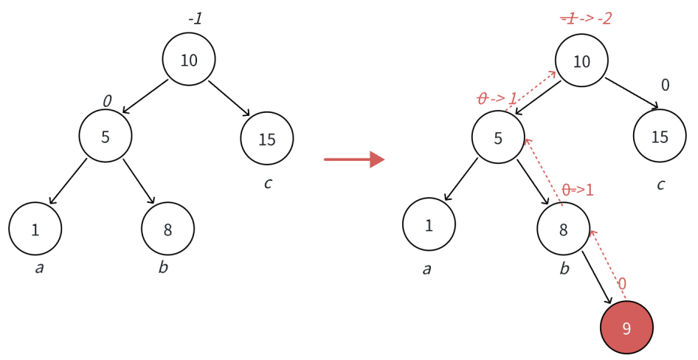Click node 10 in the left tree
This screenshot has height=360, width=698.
tap(189, 60)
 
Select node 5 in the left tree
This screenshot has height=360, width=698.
tap(106, 136)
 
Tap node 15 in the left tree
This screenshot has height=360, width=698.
tap(266, 138)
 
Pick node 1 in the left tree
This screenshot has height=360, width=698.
tap(35, 229)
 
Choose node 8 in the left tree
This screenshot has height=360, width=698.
tap(167, 229)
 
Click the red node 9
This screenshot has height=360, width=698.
tap(626, 327)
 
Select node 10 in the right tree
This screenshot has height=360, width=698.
tap(581, 60)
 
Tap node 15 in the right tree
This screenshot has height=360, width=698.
tap(660, 136)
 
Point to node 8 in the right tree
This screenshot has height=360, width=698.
tap(563, 229)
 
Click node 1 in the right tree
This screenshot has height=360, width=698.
tap(429, 224)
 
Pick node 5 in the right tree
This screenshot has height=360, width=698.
tap(498, 136)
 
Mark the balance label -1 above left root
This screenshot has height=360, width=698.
tap(195, 18)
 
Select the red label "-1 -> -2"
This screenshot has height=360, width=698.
tap(586, 18)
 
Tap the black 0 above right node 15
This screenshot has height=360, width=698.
tap(665, 86)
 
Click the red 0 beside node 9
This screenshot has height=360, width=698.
tap(622, 284)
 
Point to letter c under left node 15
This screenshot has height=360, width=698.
tap(268, 182)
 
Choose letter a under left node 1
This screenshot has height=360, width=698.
tap(39, 267)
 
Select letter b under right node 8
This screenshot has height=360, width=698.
tap(564, 268)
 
